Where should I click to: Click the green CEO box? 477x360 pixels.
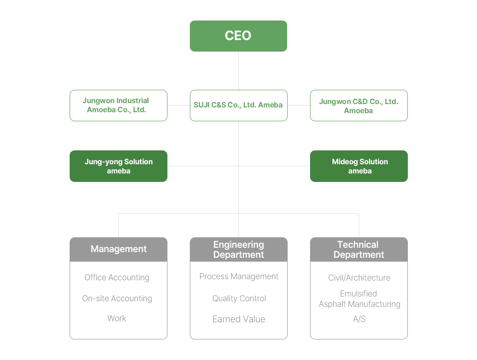tap(238, 36)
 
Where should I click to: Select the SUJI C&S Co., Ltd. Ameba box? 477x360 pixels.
tap(238, 105)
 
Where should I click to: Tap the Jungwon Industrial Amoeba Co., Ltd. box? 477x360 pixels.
tap(118, 105)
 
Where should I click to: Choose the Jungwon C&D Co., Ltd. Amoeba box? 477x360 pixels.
tap(359, 105)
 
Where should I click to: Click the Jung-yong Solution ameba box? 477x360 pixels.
tap(118, 166)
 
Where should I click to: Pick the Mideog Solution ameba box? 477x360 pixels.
tap(359, 166)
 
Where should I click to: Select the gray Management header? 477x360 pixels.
tap(118, 249)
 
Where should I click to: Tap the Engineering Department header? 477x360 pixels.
tap(238, 249)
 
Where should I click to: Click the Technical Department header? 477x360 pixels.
tap(359, 249)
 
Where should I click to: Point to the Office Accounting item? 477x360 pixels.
tap(117, 277)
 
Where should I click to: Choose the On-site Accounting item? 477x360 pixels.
tap(117, 298)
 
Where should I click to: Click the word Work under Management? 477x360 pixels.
tap(117, 318)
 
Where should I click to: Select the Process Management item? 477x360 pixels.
tap(239, 276)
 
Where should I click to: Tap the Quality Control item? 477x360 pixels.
tap(239, 298)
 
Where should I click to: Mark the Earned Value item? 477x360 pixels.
tap(239, 319)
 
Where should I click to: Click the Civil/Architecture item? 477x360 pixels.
tap(359, 278)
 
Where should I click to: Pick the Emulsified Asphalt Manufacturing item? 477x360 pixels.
tap(359, 299)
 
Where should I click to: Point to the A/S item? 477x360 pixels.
tap(359, 319)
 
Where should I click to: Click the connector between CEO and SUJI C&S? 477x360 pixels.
tap(238, 71)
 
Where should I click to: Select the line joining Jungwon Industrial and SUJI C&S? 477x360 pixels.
tap(178, 105)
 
